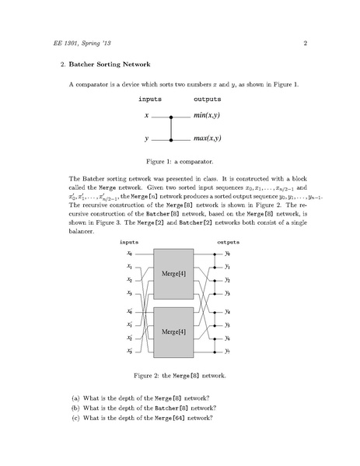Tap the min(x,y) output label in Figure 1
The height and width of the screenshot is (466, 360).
(x=208, y=117)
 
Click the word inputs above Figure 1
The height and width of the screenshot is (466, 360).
(x=150, y=100)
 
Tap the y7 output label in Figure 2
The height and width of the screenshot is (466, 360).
(x=227, y=352)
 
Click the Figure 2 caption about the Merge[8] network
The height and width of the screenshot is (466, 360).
(x=180, y=376)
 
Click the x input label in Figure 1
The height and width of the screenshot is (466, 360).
(x=146, y=117)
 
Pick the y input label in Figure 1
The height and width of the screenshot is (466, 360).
(x=146, y=140)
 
